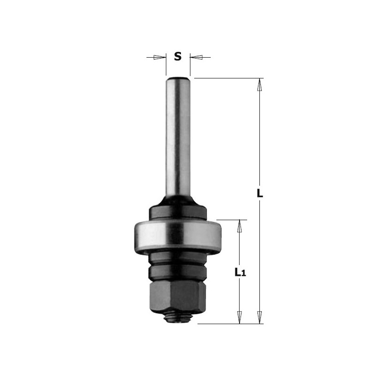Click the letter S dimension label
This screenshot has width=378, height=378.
[x=178, y=57]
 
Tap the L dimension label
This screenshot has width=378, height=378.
[x=259, y=193]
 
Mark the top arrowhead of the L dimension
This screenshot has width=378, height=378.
[x=259, y=84]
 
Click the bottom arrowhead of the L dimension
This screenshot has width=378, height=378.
[x=259, y=317]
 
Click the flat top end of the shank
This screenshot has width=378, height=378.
[x=178, y=78]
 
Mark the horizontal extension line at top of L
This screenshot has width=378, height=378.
[x=227, y=78]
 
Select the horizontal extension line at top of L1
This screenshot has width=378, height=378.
[x=232, y=220]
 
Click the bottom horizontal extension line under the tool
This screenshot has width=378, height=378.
[x=227, y=324]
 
